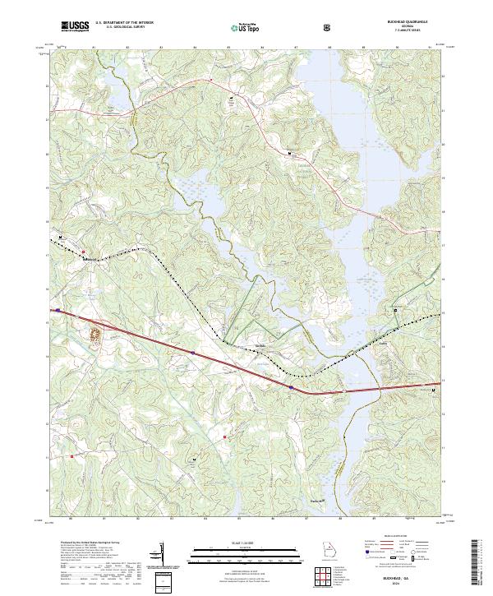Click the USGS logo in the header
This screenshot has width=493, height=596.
pos(75,26)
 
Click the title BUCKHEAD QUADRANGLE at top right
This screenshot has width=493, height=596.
pos(410,24)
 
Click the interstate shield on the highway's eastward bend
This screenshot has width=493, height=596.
pos(291,386)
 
